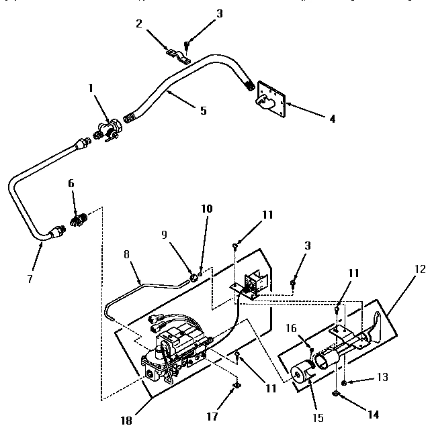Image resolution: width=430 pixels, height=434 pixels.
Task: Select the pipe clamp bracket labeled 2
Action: (178, 54)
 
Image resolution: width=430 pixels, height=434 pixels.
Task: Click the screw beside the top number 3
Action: (187, 45)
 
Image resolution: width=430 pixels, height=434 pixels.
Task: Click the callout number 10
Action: (207, 209)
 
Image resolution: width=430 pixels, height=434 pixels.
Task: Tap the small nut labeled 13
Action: (343, 382)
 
